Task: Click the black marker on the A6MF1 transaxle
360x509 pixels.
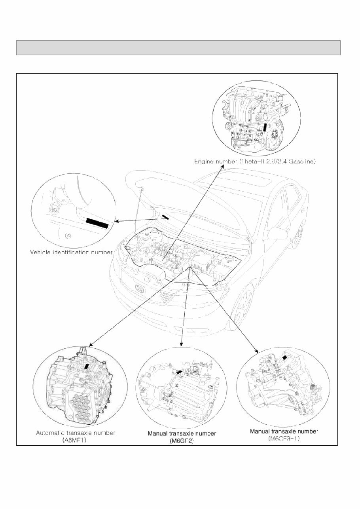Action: tap(86, 367)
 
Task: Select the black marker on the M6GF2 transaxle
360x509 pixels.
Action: tap(179, 372)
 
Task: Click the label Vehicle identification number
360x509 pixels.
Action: tap(72, 252)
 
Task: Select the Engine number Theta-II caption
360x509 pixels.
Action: tap(254, 161)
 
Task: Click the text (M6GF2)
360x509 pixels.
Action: tap(182, 440)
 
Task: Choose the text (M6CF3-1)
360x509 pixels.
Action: tap(284, 438)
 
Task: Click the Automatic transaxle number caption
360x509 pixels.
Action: tap(76, 433)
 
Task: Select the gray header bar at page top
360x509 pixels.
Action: tap(178, 47)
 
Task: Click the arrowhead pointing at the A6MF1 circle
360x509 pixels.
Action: tap(91, 344)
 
